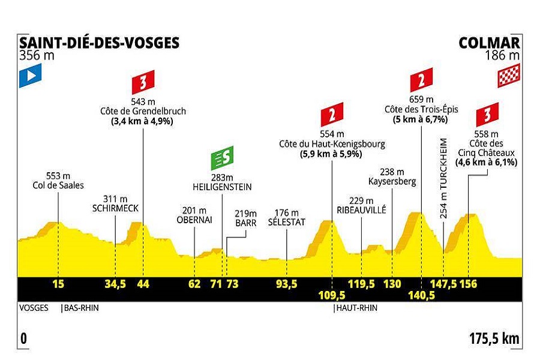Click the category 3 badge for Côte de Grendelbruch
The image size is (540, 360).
143,80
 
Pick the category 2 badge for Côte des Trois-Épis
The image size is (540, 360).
421,80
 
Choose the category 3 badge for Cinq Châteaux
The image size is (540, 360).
487,115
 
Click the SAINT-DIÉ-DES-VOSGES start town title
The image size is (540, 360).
99,43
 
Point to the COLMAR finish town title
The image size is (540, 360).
489,43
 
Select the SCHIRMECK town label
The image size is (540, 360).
115,209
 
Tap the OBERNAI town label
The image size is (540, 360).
194,220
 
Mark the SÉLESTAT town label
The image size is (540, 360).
286,222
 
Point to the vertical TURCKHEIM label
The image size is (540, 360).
443,174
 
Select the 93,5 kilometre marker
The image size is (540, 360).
286,284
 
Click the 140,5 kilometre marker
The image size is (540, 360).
422,295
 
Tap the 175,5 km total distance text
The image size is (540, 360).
494,338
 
